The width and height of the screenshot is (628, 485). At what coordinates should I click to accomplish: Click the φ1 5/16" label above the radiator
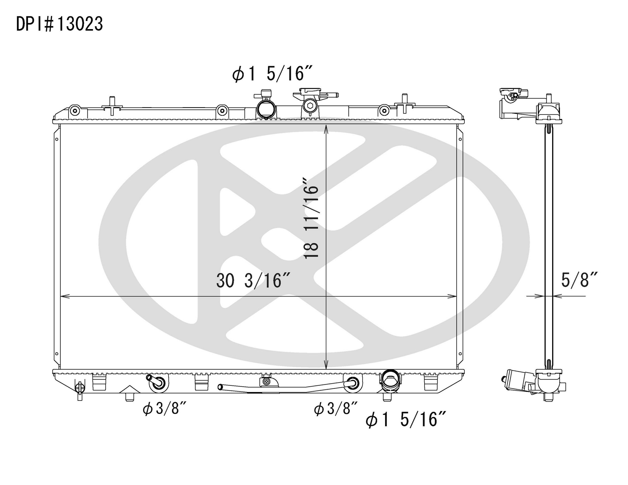click(272, 74)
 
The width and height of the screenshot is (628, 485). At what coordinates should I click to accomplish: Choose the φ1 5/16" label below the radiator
click(406, 419)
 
